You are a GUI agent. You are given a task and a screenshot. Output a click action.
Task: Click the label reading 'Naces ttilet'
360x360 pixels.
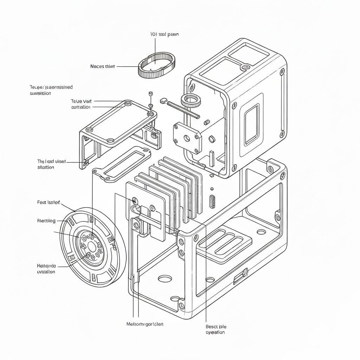(x=102, y=66)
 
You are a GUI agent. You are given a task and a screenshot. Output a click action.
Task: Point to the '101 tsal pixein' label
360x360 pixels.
(x=165, y=34)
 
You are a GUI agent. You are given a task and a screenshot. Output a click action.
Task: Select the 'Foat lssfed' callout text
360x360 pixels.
(x=49, y=202)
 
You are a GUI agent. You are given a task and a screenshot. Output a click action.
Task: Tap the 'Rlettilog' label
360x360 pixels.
(x=46, y=221)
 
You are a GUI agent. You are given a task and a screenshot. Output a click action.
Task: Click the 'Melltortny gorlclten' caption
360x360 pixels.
(x=144, y=324)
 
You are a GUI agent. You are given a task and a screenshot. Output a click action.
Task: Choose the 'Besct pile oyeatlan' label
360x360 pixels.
(x=216, y=329)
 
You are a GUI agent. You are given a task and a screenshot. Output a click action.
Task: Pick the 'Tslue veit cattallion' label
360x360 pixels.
(x=81, y=104)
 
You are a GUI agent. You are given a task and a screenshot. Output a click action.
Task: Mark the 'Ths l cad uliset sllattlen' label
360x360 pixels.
(x=51, y=164)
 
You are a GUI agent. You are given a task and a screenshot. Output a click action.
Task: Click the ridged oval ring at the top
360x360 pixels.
(x=156, y=65)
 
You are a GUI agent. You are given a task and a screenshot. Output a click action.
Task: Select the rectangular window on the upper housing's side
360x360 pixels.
(x=251, y=124)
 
